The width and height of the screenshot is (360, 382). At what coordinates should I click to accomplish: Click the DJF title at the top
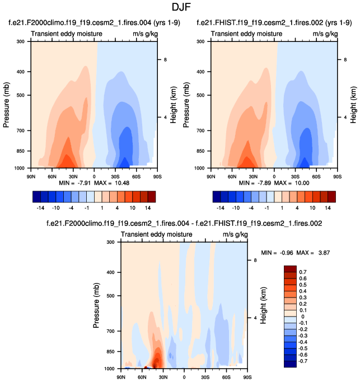pyautogui.click(x=179, y=8)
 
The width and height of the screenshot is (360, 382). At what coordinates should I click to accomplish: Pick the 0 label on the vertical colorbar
pyautogui.click(x=303, y=316)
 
